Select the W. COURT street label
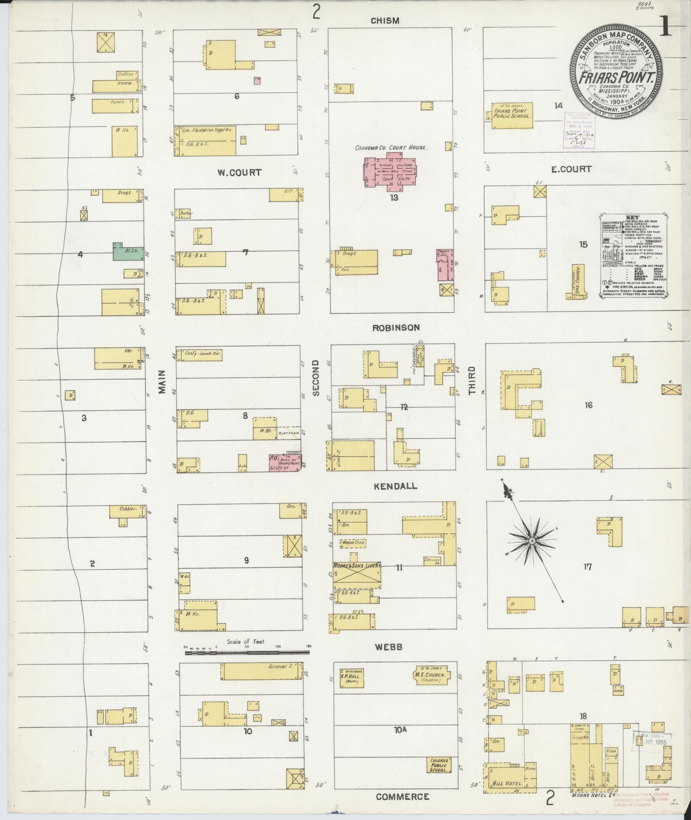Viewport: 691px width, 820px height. [x=239, y=172]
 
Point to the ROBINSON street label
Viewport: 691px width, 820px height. [x=396, y=328]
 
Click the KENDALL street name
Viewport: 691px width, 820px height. [x=395, y=486]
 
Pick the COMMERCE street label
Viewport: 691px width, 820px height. [x=402, y=797]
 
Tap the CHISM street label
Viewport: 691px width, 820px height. [x=385, y=21]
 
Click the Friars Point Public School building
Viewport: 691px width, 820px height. [x=512, y=115]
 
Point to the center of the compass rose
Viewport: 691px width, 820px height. [x=532, y=541]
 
